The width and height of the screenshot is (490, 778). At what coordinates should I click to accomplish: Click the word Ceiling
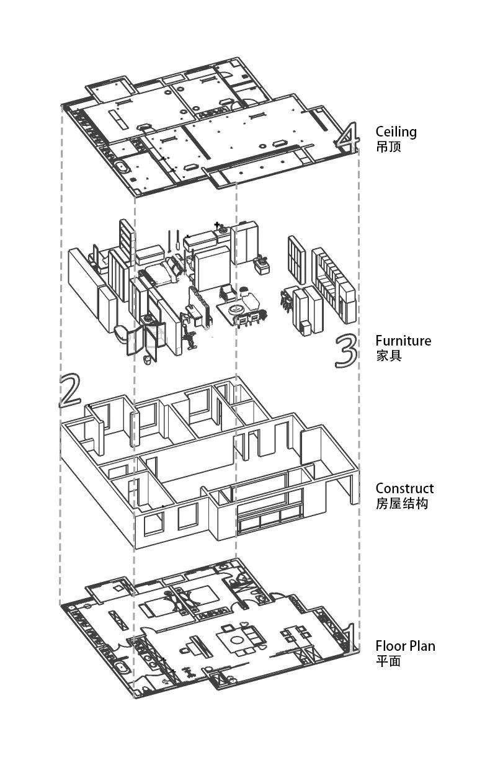(396, 132)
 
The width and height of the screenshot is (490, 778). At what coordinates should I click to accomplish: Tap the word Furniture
(403, 341)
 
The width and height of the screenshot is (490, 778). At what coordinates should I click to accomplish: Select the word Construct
(404, 488)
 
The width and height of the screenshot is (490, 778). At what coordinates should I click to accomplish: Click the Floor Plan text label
(405, 646)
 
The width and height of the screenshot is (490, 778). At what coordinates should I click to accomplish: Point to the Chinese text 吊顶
(388, 148)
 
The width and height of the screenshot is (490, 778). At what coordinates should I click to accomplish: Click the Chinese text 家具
(388, 356)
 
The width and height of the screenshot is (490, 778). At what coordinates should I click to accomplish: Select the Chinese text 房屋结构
(401, 504)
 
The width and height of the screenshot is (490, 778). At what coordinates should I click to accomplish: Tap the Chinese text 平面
(388, 661)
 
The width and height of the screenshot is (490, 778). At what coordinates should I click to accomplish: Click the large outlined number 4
(348, 138)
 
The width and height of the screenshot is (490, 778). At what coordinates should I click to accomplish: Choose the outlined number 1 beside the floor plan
(349, 638)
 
